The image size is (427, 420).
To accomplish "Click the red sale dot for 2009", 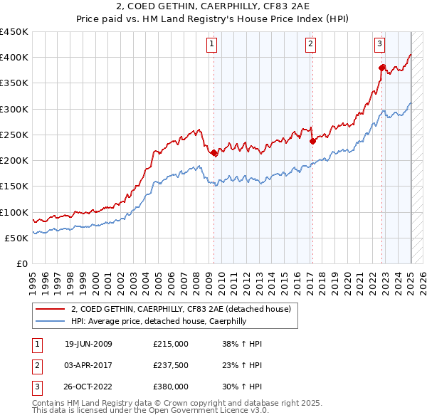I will [214, 152].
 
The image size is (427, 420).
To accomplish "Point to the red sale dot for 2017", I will [312, 141].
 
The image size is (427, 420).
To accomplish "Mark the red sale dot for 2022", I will [382, 68].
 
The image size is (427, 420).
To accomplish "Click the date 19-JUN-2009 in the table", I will [88, 344].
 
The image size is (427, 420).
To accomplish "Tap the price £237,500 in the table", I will [171, 365].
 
